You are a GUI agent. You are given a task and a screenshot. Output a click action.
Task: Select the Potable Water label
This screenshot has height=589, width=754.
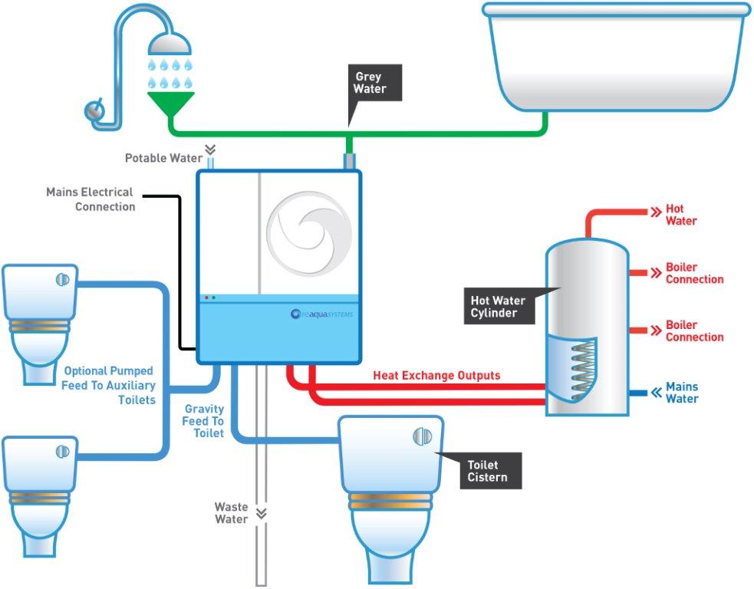coord(163,158)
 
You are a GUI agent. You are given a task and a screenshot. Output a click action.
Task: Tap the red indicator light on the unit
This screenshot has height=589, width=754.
coord(206,298)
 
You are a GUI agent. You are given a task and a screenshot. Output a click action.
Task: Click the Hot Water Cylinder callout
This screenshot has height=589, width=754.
coord(498,307)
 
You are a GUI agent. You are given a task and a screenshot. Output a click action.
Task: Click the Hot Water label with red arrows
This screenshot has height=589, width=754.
coord(680,215)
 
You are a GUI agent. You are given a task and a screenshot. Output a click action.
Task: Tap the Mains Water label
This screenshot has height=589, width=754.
coord(681,393)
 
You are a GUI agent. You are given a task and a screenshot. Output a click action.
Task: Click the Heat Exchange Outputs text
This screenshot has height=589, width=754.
coord(436,376)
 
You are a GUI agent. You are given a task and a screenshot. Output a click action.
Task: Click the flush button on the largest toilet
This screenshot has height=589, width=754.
coord(422,436)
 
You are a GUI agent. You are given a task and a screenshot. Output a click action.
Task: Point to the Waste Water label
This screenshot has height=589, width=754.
coord(231,513)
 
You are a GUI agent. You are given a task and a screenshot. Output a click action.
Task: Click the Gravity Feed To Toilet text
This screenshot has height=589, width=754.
coord(203,421)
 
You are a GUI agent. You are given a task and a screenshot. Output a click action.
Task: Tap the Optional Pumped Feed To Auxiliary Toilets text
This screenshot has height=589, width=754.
coord(109,385)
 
